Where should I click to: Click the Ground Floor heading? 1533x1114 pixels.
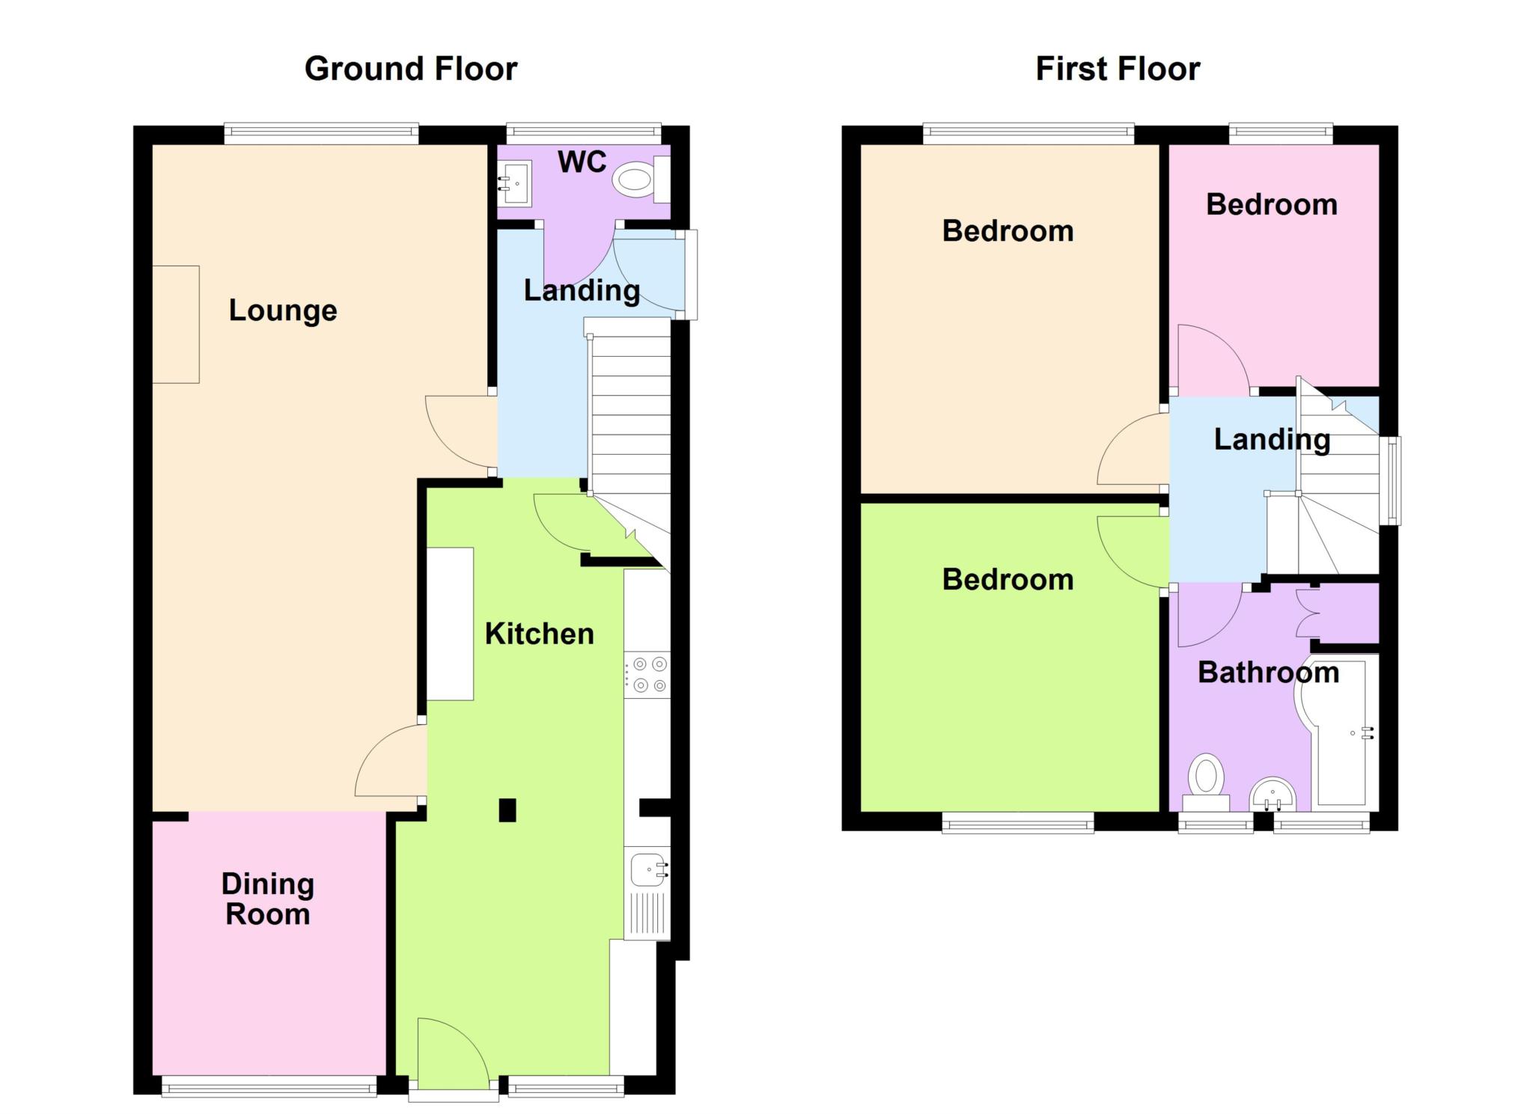click(x=411, y=69)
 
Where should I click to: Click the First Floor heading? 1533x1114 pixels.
click(x=1118, y=69)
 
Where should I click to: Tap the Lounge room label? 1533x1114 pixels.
click(x=283, y=310)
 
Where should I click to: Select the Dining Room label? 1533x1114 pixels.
click(x=268, y=899)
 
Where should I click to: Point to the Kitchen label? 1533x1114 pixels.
click(x=539, y=634)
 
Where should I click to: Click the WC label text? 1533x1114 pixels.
click(x=582, y=162)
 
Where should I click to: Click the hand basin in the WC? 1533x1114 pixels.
click(x=516, y=183)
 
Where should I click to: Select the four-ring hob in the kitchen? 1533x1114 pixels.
click(x=647, y=675)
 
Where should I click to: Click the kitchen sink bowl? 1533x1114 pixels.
click(x=648, y=869)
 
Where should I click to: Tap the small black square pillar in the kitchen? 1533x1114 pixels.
click(x=508, y=810)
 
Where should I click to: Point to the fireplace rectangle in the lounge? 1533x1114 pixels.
click(x=176, y=325)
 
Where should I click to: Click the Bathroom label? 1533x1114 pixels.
click(x=1268, y=673)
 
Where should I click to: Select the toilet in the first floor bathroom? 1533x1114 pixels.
click(x=1206, y=782)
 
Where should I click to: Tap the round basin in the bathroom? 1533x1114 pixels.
click(x=1273, y=795)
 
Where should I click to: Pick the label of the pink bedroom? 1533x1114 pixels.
click(x=1272, y=205)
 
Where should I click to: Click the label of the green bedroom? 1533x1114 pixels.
click(x=1008, y=580)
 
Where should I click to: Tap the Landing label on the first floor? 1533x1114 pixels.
click(x=1272, y=440)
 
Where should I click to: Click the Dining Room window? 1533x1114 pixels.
click(x=269, y=1086)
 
